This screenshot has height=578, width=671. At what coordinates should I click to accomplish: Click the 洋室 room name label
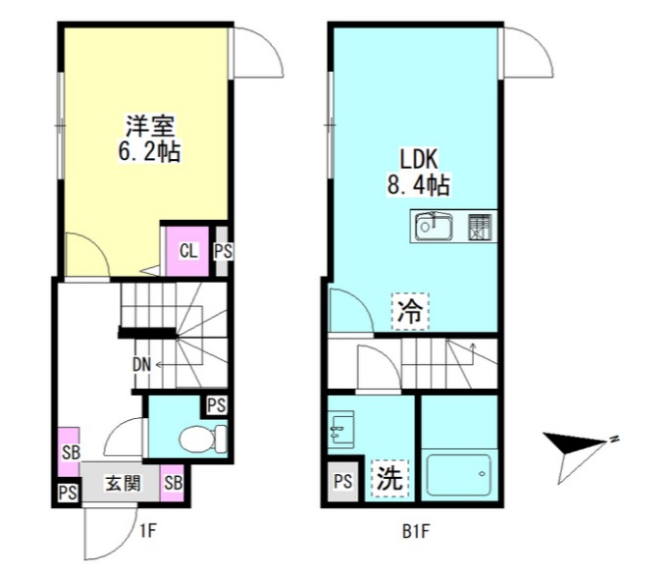click(x=148, y=127)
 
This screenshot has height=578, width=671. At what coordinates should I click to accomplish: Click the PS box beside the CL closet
click(x=223, y=250)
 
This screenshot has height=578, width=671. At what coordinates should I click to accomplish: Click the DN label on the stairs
click(x=141, y=365)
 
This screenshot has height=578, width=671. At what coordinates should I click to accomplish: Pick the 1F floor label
click(x=148, y=533)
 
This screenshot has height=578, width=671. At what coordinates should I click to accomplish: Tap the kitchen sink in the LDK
click(x=433, y=227)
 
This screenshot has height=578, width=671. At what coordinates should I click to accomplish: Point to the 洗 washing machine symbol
click(x=389, y=479)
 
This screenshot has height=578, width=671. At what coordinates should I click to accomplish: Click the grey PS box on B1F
click(x=342, y=481)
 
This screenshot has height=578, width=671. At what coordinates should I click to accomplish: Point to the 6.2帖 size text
click(x=148, y=152)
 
